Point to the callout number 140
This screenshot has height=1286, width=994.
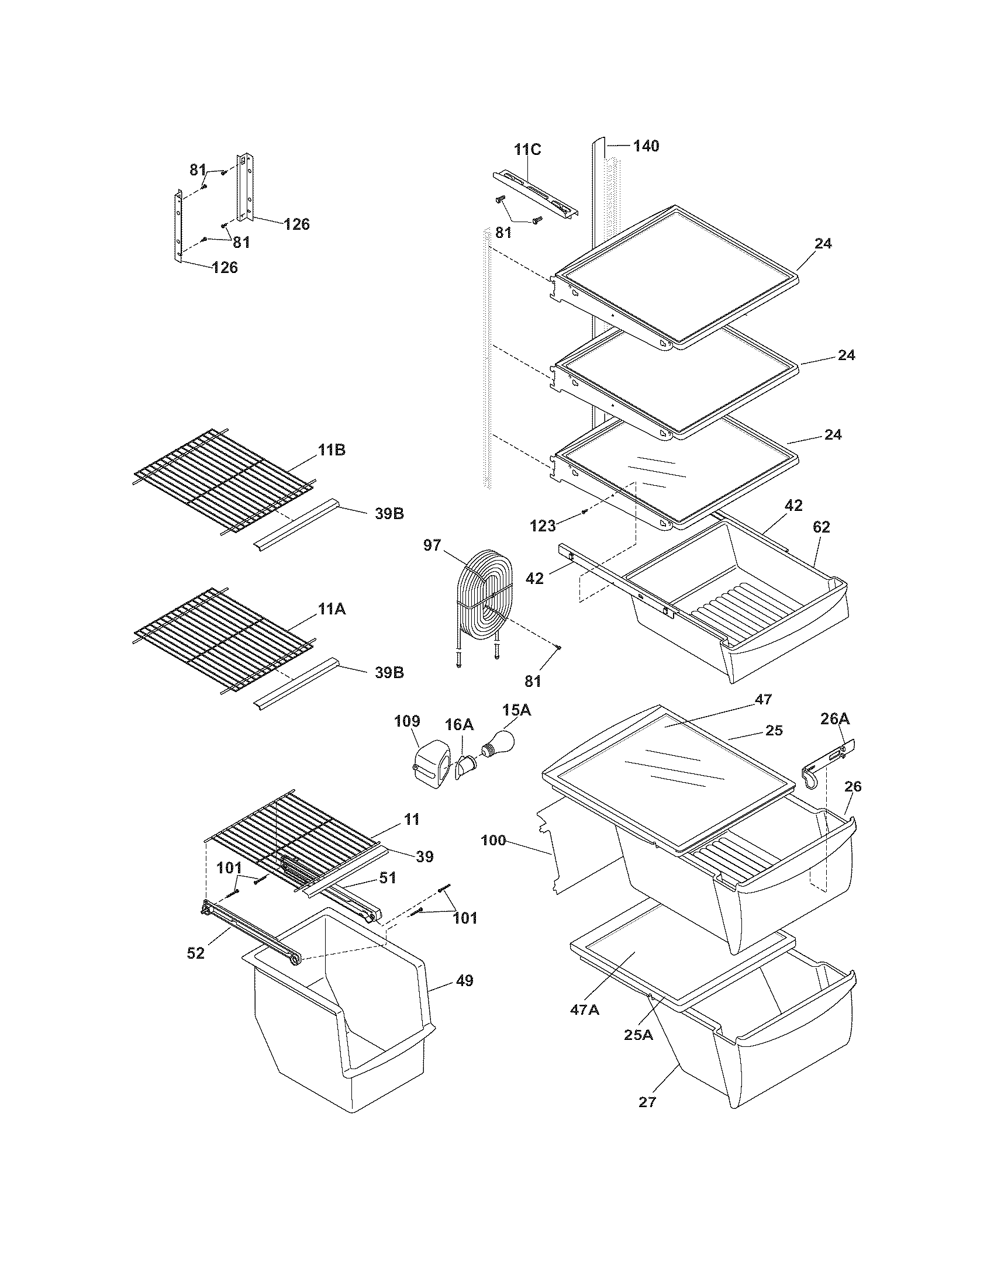[646, 146]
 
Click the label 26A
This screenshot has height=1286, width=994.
[836, 719]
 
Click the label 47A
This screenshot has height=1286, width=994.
[584, 1010]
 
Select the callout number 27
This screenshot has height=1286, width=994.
[647, 1102]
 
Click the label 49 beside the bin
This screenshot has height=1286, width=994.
[464, 981]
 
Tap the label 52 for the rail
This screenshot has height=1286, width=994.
[195, 953]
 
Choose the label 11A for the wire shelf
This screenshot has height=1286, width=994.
[332, 610]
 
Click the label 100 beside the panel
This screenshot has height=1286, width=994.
[493, 840]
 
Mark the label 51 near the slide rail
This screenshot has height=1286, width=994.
[387, 894]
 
